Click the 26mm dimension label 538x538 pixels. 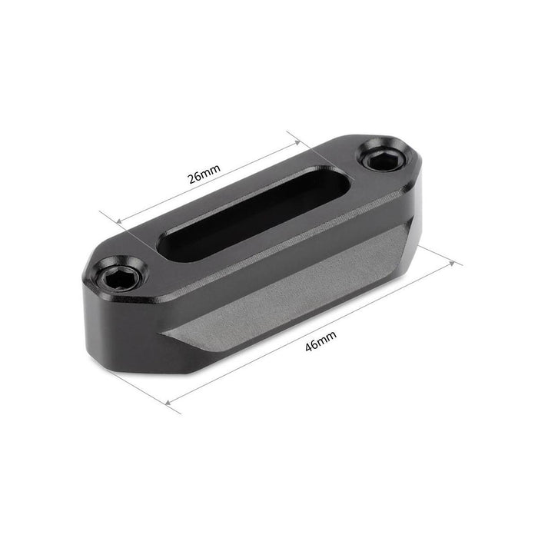[204, 174]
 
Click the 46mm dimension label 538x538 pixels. [320, 340]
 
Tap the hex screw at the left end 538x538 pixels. [118, 274]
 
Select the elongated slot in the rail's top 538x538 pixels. [253, 213]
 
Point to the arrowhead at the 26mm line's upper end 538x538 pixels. [297, 142]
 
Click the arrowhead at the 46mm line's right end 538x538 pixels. [452, 264]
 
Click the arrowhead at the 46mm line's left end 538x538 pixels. [168, 403]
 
